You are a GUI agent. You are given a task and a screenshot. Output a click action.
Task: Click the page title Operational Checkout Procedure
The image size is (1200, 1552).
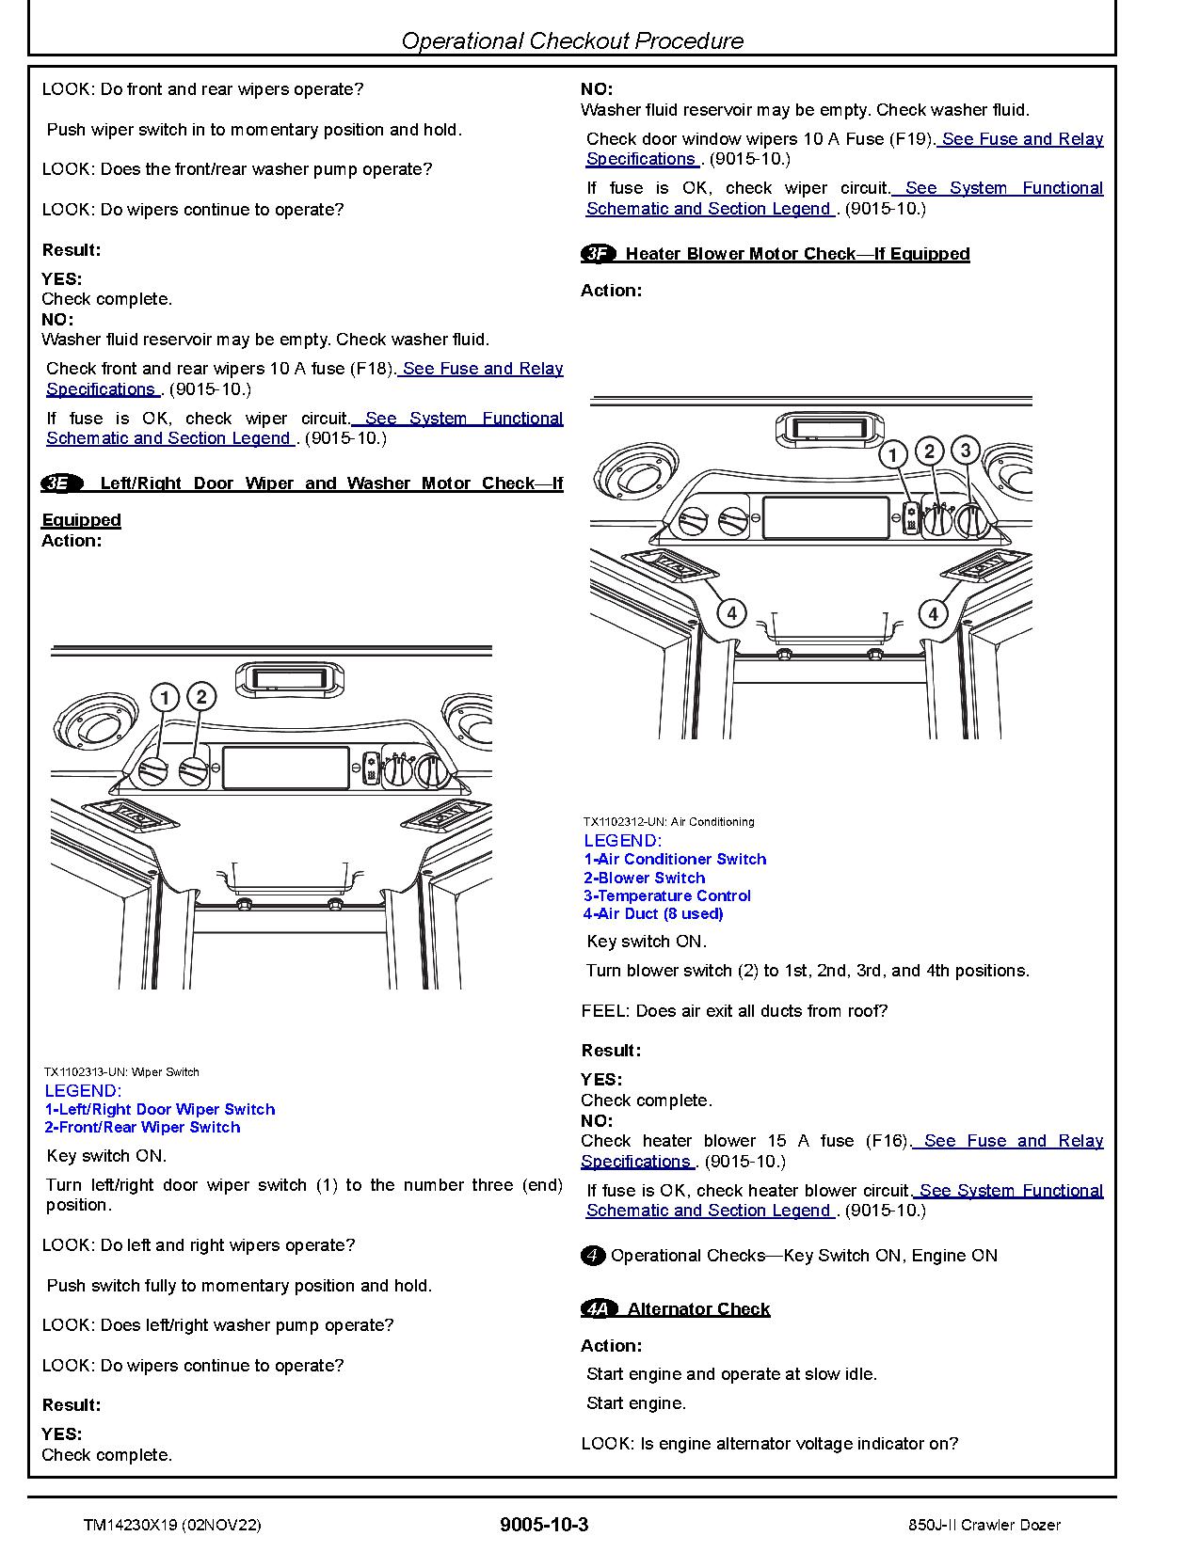click(x=571, y=40)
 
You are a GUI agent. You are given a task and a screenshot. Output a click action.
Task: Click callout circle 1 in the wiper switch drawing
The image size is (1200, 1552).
click(x=165, y=698)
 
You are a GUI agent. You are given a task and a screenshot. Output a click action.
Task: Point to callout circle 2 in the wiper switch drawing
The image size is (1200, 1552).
click(x=201, y=697)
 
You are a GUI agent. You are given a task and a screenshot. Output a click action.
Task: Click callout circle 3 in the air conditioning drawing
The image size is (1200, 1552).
click(x=965, y=451)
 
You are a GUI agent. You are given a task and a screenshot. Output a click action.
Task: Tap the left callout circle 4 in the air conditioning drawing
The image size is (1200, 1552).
click(x=731, y=614)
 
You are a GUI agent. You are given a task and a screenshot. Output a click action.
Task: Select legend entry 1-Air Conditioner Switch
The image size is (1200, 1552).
click(x=675, y=859)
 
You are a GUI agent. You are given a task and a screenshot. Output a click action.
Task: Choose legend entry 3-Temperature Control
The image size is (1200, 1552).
click(x=666, y=895)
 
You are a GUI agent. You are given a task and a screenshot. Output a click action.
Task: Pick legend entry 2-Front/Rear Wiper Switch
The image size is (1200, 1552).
click(x=142, y=1127)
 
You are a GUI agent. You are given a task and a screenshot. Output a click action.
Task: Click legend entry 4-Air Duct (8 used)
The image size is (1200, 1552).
click(x=653, y=913)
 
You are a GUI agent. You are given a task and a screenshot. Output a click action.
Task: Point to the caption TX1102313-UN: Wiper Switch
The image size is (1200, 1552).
click(x=121, y=1071)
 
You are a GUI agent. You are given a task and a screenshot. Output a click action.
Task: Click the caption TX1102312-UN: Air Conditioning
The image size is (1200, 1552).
click(x=668, y=821)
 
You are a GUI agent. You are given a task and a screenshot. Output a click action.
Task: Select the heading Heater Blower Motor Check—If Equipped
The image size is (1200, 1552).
click(x=797, y=254)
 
